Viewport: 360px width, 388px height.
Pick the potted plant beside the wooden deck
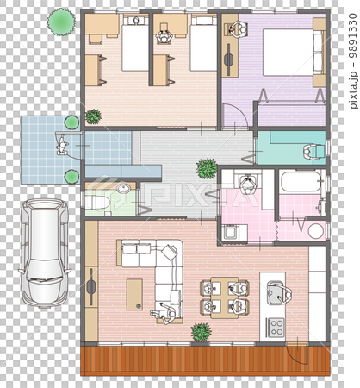[x=201, y=331]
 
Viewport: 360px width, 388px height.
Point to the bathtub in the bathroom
[x=301, y=182]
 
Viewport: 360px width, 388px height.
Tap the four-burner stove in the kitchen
[x=276, y=327]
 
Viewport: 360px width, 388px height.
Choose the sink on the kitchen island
[x=278, y=294]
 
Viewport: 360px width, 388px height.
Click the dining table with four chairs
[x=224, y=296]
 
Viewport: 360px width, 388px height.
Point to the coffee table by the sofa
[x=135, y=293]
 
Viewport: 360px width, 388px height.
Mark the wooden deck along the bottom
[x=205, y=360]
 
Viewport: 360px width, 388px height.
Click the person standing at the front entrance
[x=62, y=145]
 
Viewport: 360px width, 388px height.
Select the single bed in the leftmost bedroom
[x=135, y=47]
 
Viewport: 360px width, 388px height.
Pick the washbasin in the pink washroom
[x=247, y=184]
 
